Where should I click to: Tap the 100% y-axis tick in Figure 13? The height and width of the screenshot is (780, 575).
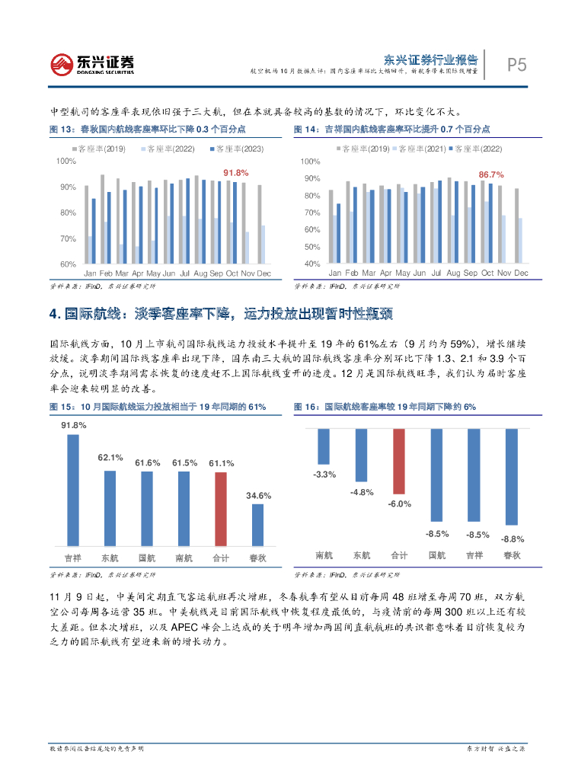point(66,161)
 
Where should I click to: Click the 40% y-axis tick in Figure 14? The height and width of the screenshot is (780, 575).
point(310,264)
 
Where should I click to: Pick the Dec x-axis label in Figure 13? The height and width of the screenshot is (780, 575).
point(264,273)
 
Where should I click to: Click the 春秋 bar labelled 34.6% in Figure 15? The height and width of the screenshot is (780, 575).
point(258,525)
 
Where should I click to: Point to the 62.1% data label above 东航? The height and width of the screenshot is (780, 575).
point(110,458)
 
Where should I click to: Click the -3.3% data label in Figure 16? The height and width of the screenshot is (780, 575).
point(324,475)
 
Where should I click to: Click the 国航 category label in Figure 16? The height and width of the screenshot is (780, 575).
point(437,555)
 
